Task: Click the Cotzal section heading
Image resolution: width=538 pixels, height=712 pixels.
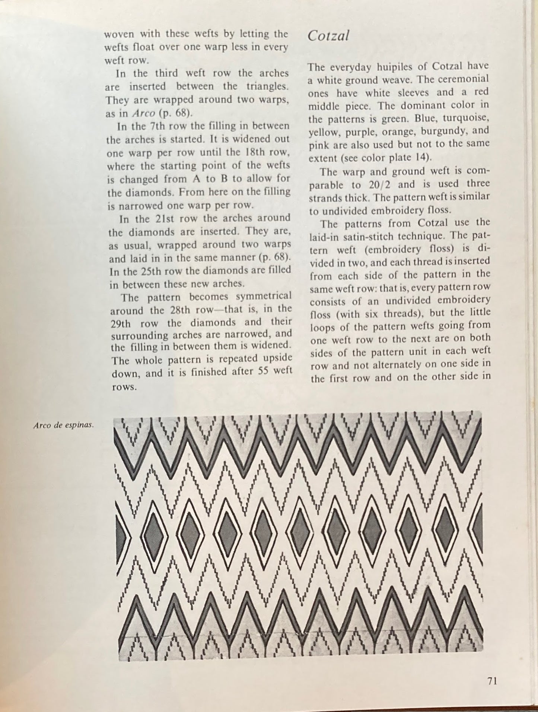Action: click(328, 36)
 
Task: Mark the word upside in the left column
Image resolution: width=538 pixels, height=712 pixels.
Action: click(276, 358)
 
